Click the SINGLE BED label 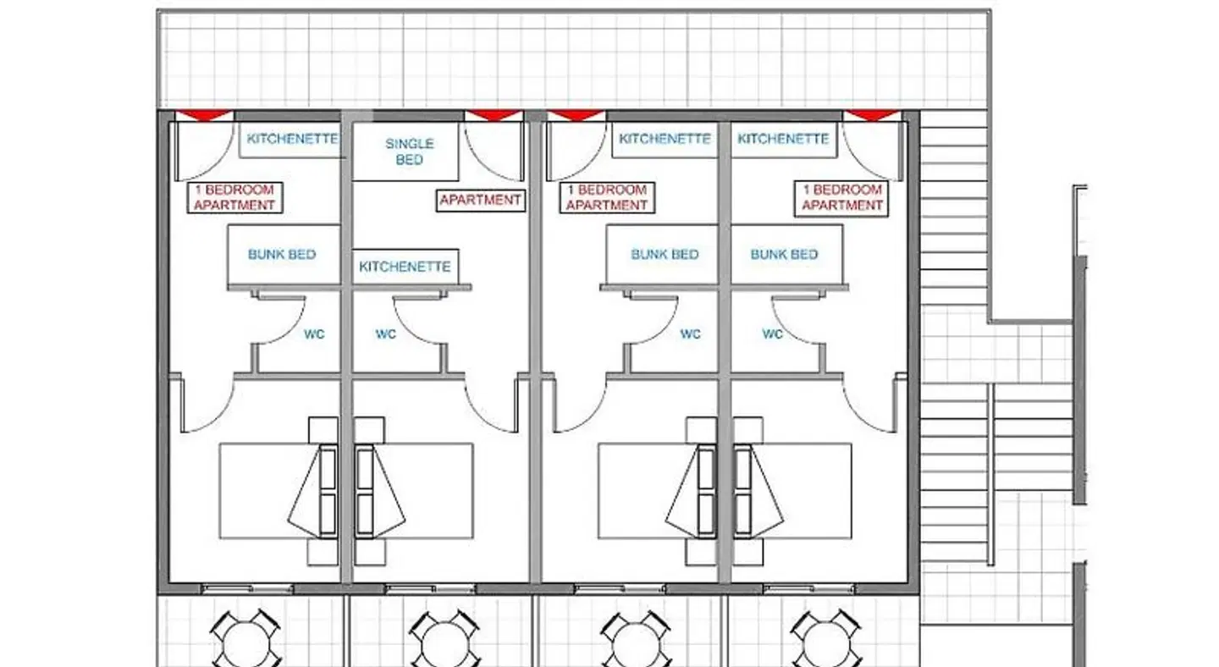409,152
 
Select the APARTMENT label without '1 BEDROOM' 480,201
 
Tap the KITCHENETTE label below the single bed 405,267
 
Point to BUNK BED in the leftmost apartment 282,254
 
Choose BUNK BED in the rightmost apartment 784,254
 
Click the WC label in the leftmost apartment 314,334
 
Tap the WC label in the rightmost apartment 772,334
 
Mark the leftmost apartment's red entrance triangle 204,115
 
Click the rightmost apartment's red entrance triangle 872,115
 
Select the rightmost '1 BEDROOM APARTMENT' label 841,197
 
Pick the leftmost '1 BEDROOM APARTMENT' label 234,197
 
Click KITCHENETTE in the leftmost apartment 292,139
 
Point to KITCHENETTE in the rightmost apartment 783,139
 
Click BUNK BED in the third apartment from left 665,254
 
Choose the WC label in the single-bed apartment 386,334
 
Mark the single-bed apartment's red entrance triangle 494,115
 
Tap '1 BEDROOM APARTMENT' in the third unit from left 607,197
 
